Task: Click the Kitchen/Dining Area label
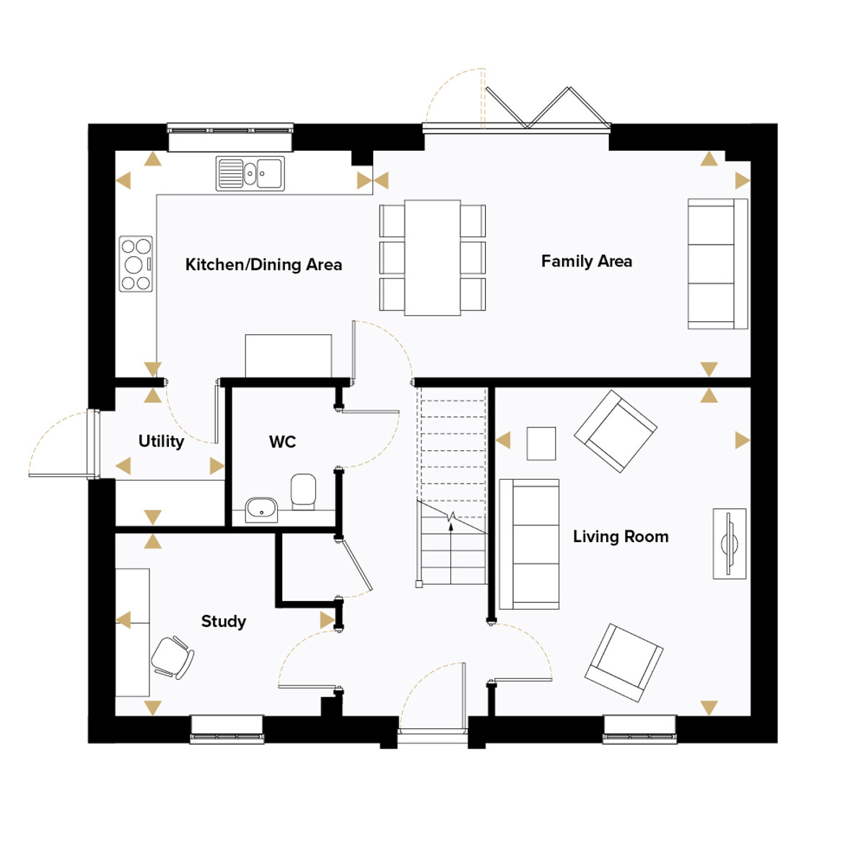[x=263, y=265]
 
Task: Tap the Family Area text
[x=587, y=261]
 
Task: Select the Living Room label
[x=621, y=537]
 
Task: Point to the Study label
[x=223, y=621]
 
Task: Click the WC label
[x=282, y=442]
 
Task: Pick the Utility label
[x=161, y=442]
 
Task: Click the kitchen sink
[x=250, y=173]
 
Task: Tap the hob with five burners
[x=136, y=264]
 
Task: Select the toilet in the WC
[x=303, y=491]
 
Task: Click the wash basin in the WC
[x=261, y=509]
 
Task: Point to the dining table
[x=432, y=258]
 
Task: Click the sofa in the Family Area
[x=717, y=264]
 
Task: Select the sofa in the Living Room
[x=530, y=544]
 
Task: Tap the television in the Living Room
[x=730, y=544]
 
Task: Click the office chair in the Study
[x=172, y=658]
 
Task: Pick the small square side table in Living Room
[x=541, y=444]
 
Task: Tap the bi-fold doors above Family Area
[x=547, y=108]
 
